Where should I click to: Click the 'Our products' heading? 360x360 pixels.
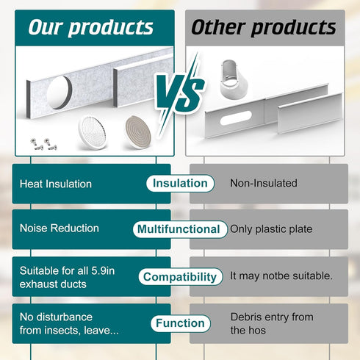pyautogui.click(x=91, y=27)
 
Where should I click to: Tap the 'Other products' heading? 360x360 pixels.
pyautogui.click(x=264, y=27)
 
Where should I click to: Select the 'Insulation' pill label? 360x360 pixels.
pyautogui.click(x=180, y=183)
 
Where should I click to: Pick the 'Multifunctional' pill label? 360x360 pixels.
pyautogui.click(x=180, y=229)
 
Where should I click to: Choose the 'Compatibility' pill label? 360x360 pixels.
pyautogui.click(x=181, y=277)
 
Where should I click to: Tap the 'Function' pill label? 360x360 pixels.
pyautogui.click(x=181, y=323)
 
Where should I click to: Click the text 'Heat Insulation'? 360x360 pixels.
pyautogui.click(x=56, y=184)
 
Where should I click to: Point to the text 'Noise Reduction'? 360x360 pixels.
pyautogui.click(x=60, y=228)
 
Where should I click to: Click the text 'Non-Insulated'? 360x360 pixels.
pyautogui.click(x=264, y=183)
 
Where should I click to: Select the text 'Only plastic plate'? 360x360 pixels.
pyautogui.click(x=271, y=229)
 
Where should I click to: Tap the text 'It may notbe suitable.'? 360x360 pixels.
pyautogui.click(x=281, y=276)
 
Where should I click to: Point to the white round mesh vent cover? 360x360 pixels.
pyautogui.click(x=93, y=132)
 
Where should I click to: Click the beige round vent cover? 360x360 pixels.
pyautogui.click(x=138, y=132)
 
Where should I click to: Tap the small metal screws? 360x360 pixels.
pyautogui.click(x=43, y=144)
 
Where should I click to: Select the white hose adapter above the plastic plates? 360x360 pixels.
pyautogui.click(x=234, y=79)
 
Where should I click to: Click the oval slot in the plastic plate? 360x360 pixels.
pyautogui.click(x=236, y=118)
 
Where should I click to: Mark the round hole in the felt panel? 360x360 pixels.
pyautogui.click(x=60, y=93)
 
